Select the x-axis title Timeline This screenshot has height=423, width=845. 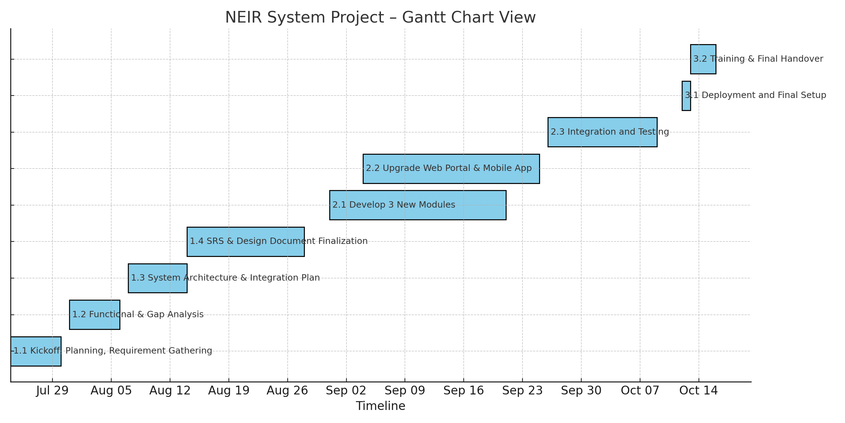coord(381,406)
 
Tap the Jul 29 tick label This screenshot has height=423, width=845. coord(52,391)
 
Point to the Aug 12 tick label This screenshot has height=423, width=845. coord(170,391)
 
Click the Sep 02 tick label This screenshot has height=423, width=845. coord(346,391)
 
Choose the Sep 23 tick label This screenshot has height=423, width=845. coord(522,391)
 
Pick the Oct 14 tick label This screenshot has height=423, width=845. coord(699,391)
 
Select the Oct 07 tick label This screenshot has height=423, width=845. coord(640,391)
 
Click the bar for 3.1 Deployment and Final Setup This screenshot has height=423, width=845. coord(686,96)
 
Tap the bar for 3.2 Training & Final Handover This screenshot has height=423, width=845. coord(703,59)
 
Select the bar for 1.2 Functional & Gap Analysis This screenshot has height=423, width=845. coord(95,315)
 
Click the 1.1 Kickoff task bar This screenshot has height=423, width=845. coord(36,351)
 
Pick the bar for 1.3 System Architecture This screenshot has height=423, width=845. coord(158,278)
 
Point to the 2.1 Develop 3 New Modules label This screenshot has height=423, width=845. coord(394,205)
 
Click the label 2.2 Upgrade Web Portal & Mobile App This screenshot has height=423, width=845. coord(449,168)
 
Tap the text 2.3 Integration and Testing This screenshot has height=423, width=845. coord(610,132)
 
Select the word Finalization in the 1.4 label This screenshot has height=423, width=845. coord(343,241)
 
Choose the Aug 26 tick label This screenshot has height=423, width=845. coord(287,391)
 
